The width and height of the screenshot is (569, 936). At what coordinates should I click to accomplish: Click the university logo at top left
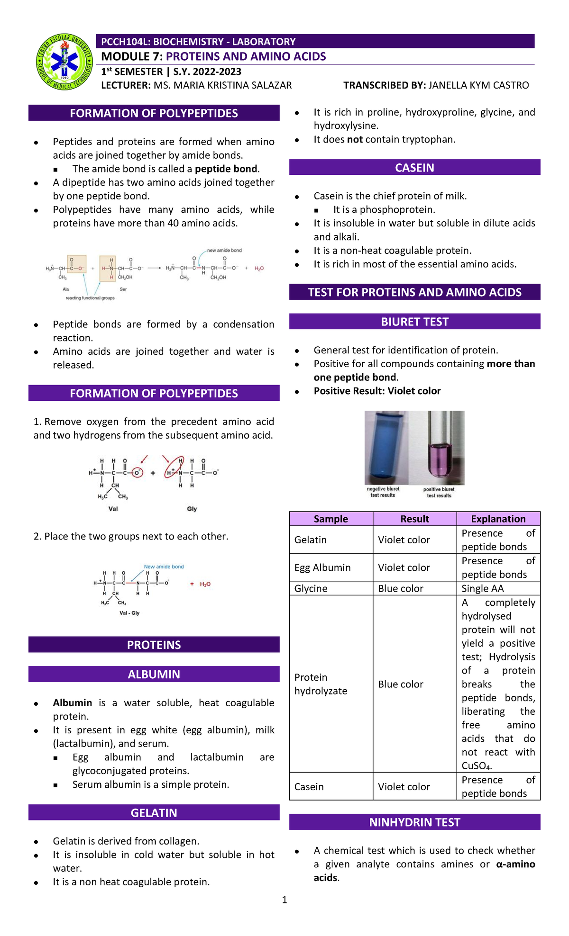(64, 62)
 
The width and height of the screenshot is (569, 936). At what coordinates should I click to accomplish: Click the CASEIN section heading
(414, 168)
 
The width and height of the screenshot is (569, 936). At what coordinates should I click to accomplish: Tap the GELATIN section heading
(154, 813)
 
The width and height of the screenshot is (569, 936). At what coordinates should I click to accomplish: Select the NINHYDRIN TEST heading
(414, 822)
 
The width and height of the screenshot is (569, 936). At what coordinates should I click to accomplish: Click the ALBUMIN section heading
(154, 675)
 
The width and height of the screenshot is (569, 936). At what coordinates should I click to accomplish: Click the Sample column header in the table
(331, 519)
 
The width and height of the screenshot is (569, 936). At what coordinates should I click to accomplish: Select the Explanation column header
(498, 519)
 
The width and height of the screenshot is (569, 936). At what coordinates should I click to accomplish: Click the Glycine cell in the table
(311, 588)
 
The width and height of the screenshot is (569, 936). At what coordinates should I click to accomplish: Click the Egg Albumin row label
(322, 567)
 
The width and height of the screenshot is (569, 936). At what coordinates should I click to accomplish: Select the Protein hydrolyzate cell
(321, 684)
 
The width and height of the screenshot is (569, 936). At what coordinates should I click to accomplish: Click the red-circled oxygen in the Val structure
(137, 473)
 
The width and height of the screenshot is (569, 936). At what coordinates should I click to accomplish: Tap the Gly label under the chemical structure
(192, 509)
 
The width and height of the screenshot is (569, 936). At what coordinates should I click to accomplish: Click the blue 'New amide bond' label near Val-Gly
(164, 567)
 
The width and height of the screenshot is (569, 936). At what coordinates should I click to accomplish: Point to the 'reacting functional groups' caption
(90, 298)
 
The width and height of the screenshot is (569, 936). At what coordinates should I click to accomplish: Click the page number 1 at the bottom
(284, 900)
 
